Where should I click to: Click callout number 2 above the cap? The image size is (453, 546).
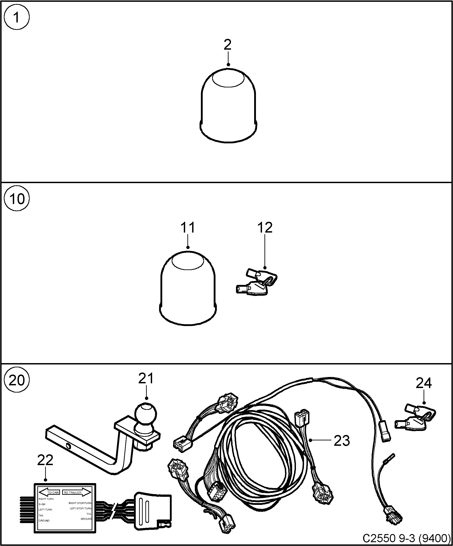tap(228, 45)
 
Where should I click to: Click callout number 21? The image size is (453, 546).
tap(146, 379)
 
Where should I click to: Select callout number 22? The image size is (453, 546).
tap(45, 460)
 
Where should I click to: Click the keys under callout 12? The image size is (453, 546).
tap(256, 283)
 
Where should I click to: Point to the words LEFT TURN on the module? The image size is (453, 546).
tap(45, 510)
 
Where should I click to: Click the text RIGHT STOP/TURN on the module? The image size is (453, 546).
tap(80, 503)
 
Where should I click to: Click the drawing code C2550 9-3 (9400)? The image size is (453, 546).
tap(406, 538)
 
